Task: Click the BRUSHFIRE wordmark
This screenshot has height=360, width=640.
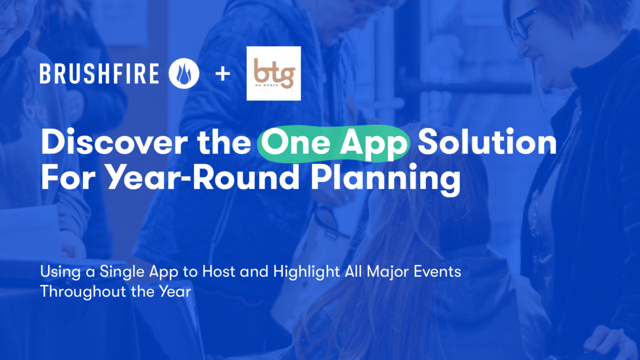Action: click(x=99, y=74)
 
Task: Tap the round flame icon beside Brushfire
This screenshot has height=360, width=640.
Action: click(x=183, y=74)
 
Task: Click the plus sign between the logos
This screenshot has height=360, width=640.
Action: click(x=223, y=74)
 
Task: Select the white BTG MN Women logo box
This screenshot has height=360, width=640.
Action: click(x=274, y=73)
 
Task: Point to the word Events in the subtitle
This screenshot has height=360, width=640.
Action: click(x=434, y=273)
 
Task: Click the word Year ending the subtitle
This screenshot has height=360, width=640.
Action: click(x=175, y=292)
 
